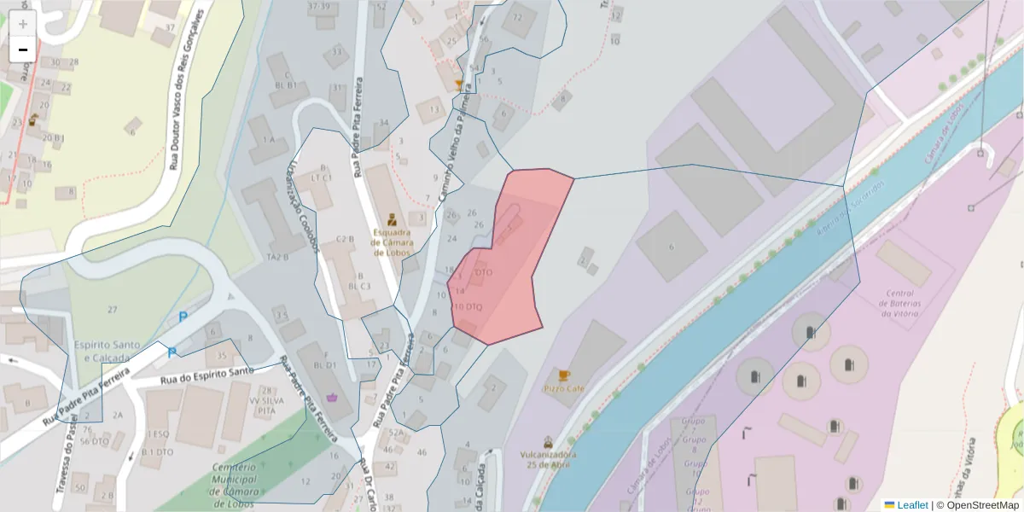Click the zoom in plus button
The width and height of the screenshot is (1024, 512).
[x=23, y=24]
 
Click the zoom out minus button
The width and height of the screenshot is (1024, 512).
[x=23, y=49]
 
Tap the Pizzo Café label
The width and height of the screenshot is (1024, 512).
[x=563, y=388]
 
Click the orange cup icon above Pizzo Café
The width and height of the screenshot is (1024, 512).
[x=563, y=375]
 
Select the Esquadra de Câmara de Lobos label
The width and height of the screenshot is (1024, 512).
[x=392, y=241]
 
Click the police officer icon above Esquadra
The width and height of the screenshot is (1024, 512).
[x=392, y=218]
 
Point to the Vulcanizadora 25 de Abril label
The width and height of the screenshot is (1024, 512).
[x=548, y=459]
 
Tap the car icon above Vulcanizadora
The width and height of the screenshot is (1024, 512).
[x=548, y=442]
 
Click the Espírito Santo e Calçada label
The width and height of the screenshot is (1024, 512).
[x=107, y=351]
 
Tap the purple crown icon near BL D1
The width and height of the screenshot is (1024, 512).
[x=331, y=396]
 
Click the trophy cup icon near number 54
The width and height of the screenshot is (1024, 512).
[x=459, y=84]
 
